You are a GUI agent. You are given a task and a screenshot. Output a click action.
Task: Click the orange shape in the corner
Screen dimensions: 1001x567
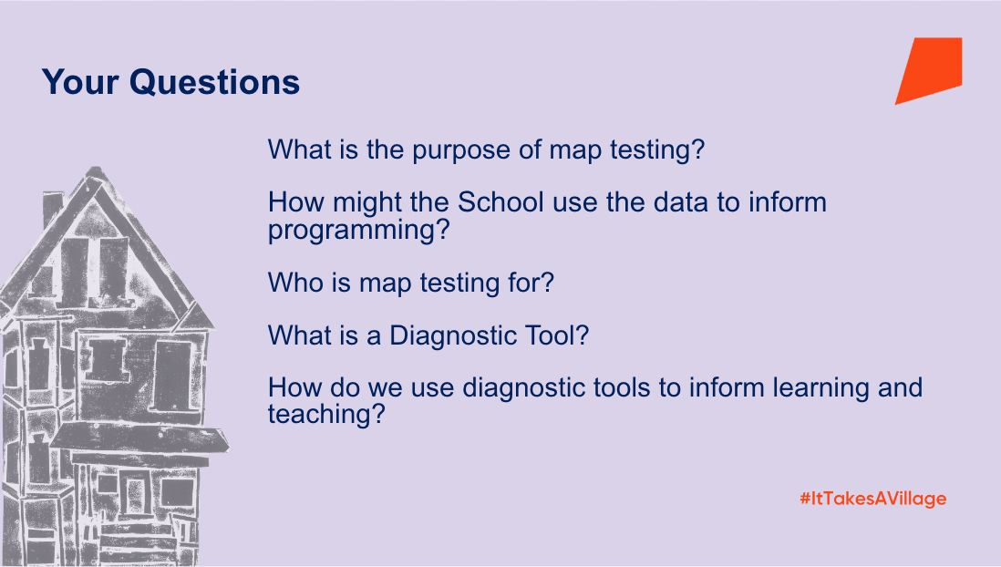point(928,71)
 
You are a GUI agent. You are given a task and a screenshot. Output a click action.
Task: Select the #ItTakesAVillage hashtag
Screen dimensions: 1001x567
point(872,499)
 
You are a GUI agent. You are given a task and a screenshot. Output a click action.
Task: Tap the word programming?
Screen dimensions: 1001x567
point(359,231)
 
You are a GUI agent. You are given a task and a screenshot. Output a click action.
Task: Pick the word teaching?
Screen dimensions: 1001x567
point(327,415)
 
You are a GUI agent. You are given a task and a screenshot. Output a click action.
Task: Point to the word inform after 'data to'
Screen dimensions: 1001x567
point(788,202)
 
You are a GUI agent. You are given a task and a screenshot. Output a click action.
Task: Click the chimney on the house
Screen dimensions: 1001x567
point(52,209)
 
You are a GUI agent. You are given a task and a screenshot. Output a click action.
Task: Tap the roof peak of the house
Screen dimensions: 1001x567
point(95,171)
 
